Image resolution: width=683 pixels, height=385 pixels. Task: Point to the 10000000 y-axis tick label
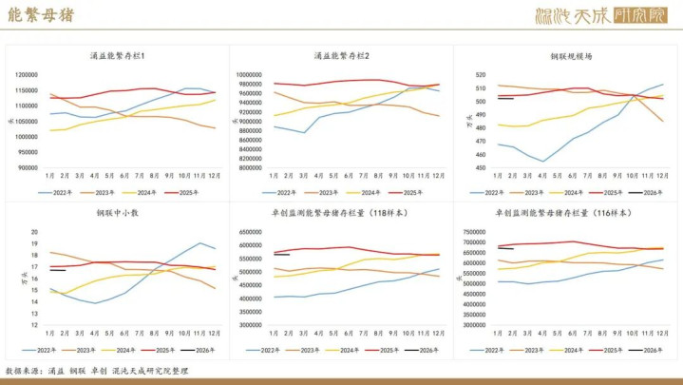point(245,74)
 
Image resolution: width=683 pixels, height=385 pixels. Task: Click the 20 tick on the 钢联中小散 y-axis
point(33,232)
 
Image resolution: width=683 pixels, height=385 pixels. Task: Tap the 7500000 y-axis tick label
point(472,231)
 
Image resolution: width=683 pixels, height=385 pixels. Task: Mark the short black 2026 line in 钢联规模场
point(505,98)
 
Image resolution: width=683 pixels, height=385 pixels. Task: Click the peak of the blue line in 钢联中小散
point(200,243)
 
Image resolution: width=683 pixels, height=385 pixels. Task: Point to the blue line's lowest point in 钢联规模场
point(543,161)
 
